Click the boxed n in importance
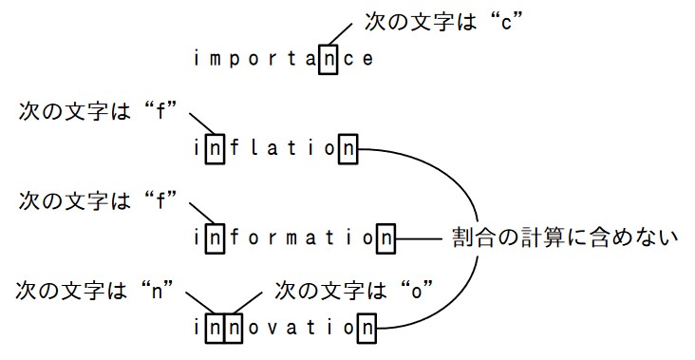328,59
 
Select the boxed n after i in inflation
215,148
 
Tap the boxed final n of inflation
347,148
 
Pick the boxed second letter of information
215,238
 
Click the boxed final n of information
385,238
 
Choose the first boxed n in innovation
215,328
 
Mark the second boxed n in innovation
234,328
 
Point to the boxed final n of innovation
367,328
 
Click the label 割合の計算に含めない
565,237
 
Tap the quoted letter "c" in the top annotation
507,22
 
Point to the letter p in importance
235,60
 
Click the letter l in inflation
254,147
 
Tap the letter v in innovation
272,329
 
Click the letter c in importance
348,60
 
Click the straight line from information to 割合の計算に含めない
419,239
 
